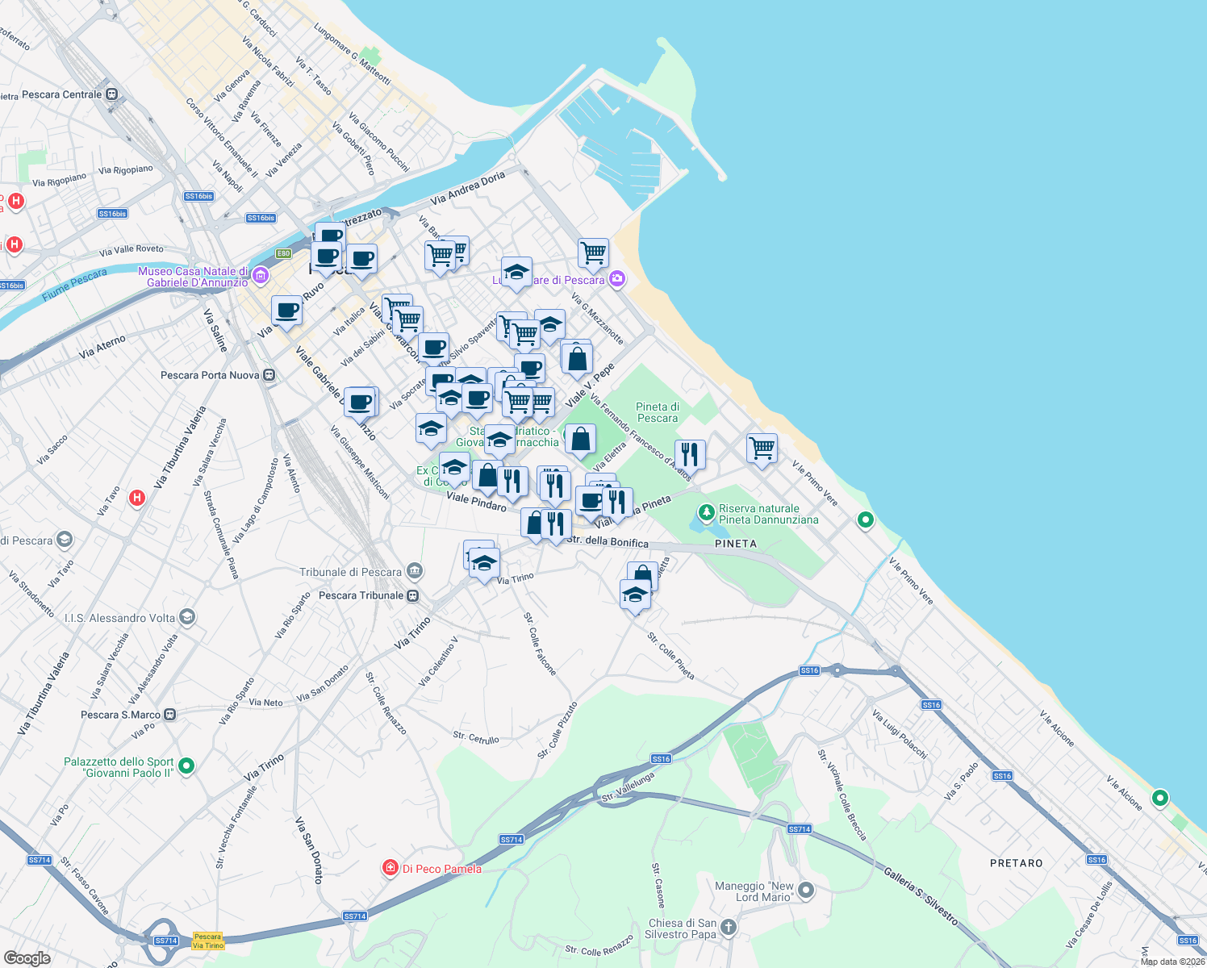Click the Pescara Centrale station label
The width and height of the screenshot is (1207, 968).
62,94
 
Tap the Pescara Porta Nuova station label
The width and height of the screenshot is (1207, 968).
210,375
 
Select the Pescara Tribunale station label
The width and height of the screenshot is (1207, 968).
361,595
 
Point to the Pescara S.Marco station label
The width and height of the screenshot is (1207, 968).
121,715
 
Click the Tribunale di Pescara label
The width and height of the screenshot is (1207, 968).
350,572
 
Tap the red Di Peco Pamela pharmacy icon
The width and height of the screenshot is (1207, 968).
390,868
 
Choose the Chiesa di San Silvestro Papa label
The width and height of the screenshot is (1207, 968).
682,928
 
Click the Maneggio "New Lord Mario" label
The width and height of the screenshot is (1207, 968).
755,891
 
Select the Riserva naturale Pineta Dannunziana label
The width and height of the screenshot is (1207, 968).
768,514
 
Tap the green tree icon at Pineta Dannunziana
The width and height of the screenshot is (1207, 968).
706,512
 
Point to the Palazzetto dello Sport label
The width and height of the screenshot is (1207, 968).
119,767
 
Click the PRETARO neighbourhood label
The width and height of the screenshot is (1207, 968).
1016,863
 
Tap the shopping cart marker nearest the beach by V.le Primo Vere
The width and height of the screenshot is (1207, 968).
762,448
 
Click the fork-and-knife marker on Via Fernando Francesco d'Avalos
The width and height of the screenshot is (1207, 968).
690,454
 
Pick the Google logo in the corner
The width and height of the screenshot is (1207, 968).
27,958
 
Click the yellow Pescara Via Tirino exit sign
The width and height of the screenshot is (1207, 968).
208,941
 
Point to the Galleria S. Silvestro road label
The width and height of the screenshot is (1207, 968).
920,895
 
